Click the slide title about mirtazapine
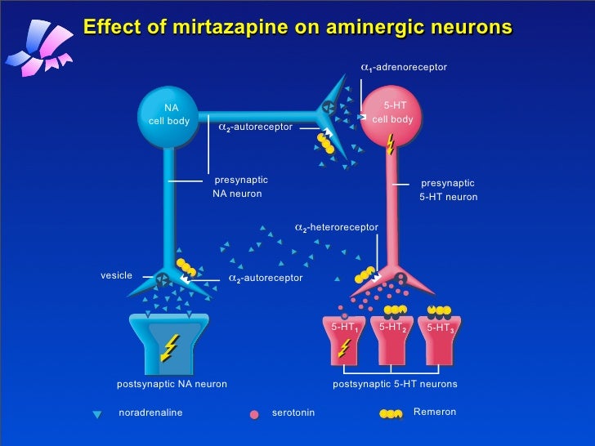(x=297, y=27)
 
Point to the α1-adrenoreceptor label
(x=404, y=66)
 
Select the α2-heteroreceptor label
(x=337, y=226)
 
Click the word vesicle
(x=116, y=275)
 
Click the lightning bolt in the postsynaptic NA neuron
(x=169, y=349)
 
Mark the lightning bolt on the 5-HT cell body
(x=390, y=145)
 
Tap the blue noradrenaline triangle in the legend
(x=97, y=414)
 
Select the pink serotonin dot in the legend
(x=254, y=414)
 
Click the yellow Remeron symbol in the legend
(x=391, y=413)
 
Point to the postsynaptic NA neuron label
(x=172, y=384)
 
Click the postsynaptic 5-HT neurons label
(x=395, y=384)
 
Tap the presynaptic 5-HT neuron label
(x=448, y=190)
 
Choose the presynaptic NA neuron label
(x=239, y=186)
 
